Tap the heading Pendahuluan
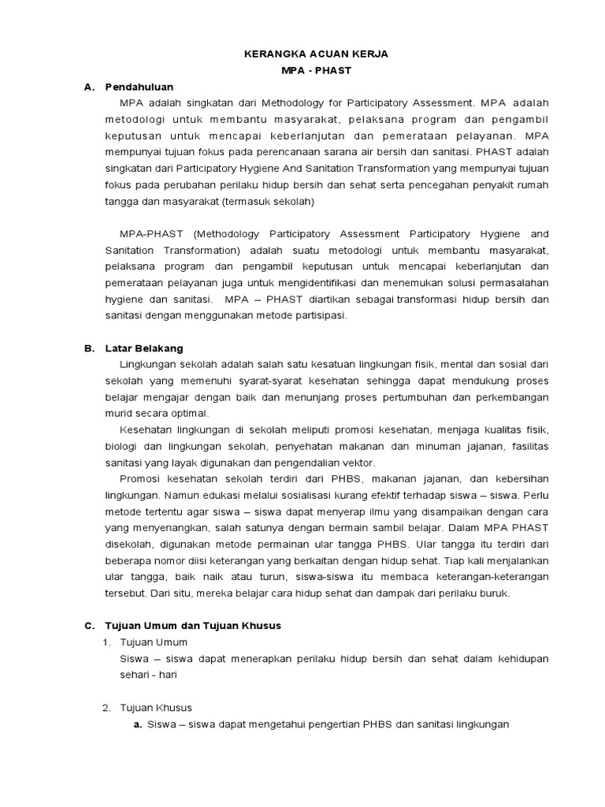point(139,87)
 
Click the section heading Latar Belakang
point(144,348)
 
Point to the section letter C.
point(89,625)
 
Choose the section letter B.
point(89,348)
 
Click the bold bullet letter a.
point(138,725)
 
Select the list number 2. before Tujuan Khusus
point(107,708)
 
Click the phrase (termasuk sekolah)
point(269,201)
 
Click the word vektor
point(358,463)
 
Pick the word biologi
point(123,447)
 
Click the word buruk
point(493,594)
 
